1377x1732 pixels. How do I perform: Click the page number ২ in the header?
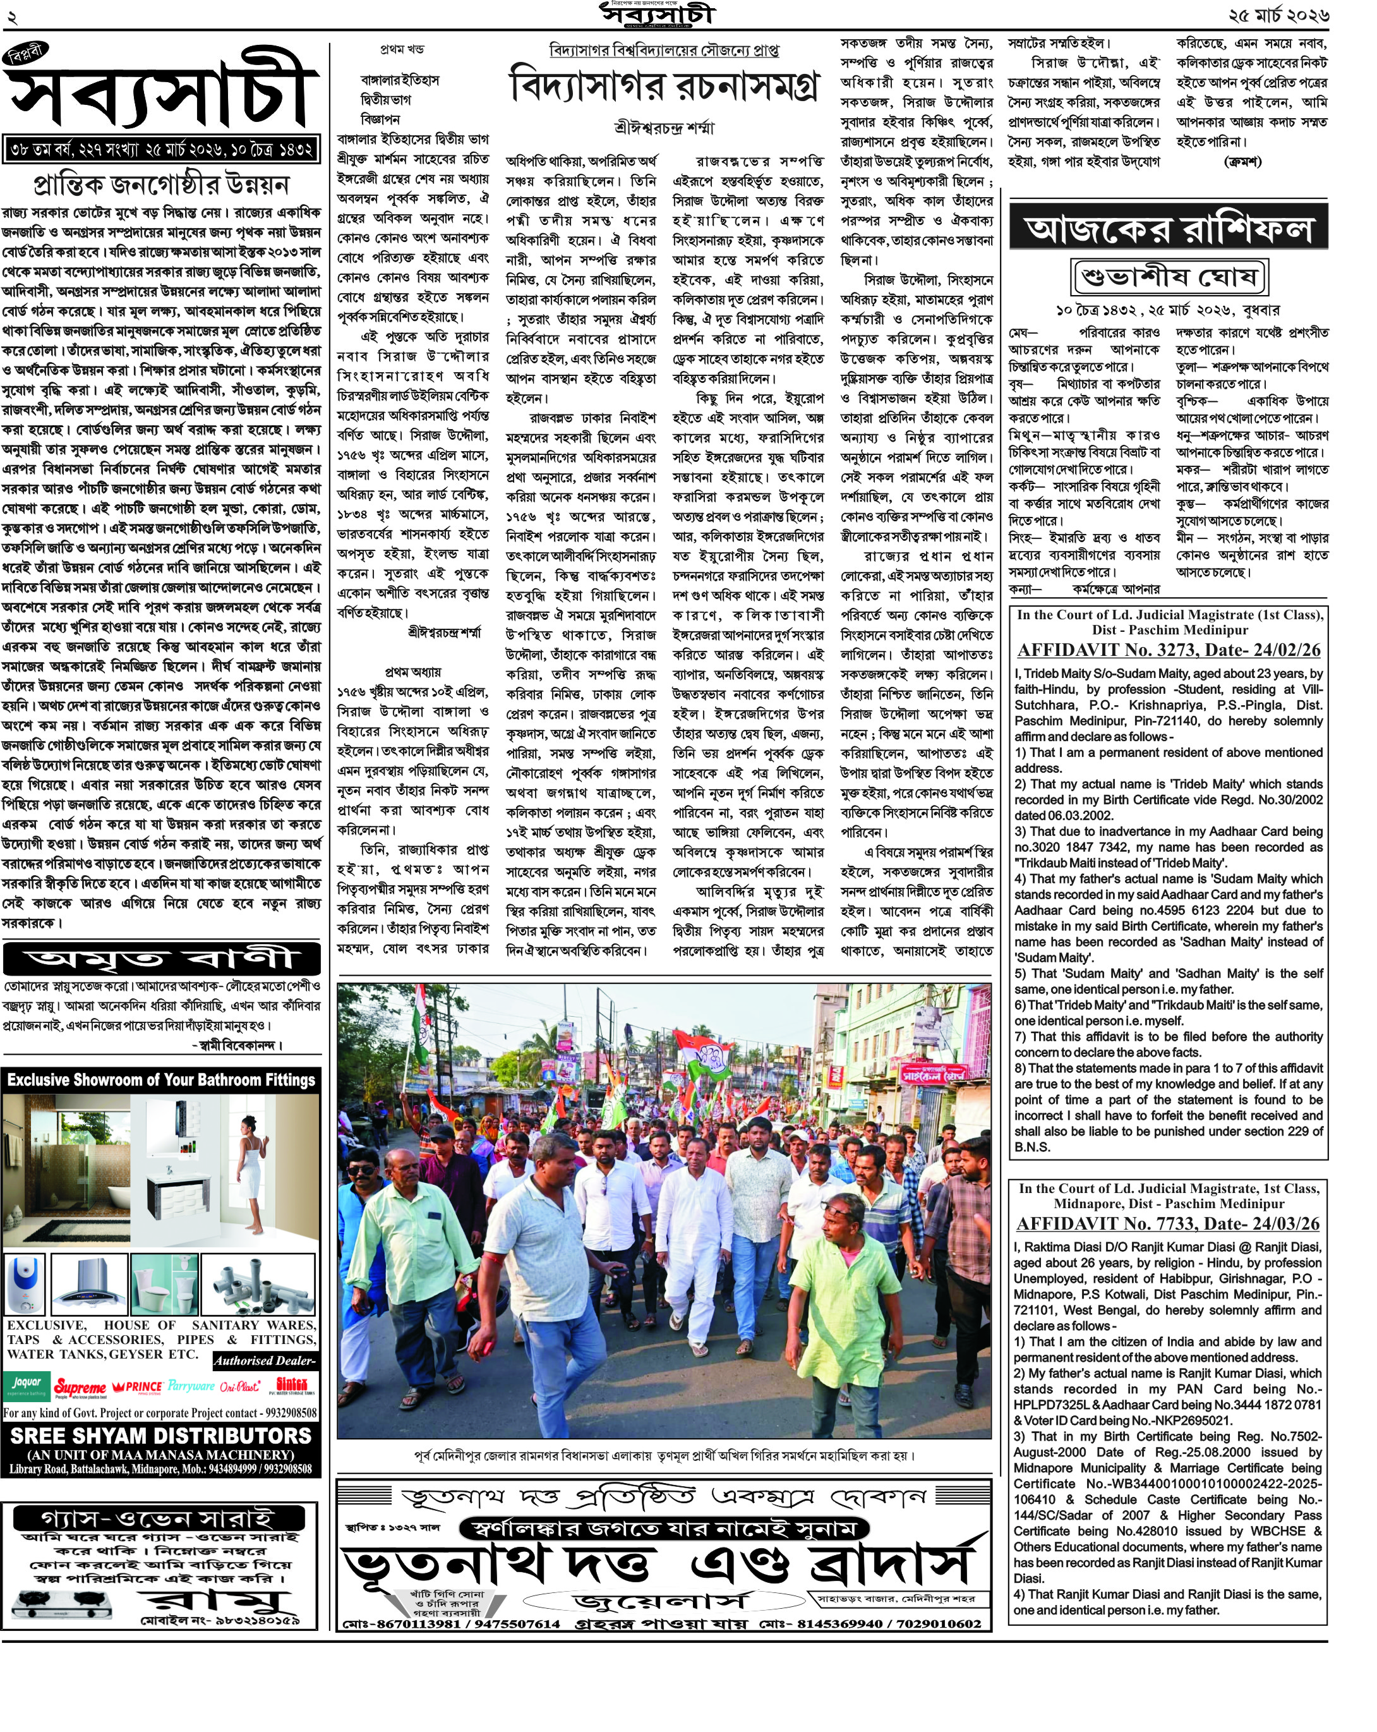click(12, 16)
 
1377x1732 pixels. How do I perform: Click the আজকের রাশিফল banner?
click(1169, 229)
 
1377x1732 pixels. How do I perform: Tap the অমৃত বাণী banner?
click(160, 959)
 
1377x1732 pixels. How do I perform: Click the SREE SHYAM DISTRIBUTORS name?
click(160, 1436)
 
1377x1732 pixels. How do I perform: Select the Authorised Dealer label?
click(265, 1361)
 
